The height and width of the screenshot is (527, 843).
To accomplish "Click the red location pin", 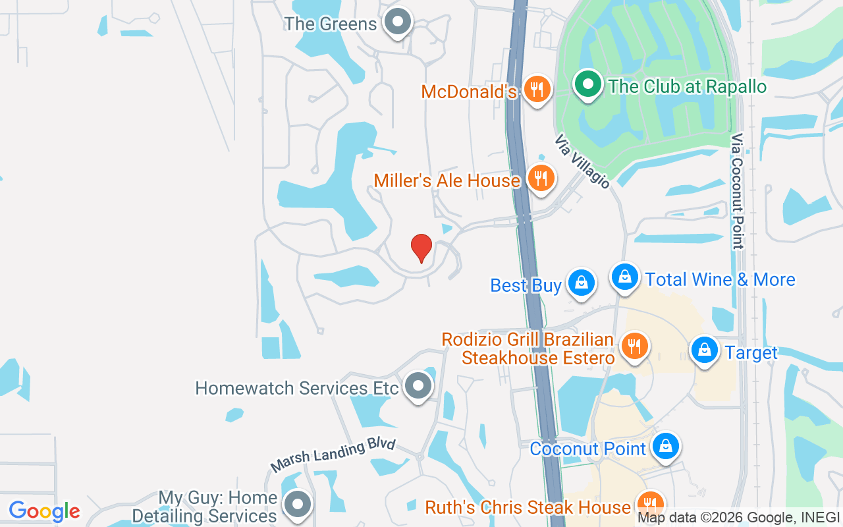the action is pos(421,248).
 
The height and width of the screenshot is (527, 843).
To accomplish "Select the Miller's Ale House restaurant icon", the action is pos(541,178).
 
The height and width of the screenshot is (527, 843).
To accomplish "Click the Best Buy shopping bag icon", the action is pos(581,283).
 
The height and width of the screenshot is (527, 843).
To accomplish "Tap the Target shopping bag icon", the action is pos(705,350).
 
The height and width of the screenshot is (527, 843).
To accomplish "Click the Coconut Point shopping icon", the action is pos(666,447).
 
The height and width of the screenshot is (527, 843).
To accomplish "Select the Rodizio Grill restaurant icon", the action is pos(634,346).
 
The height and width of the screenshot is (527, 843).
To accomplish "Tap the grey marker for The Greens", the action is pos(397,22).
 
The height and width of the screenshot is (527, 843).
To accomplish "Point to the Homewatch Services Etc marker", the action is pos(418,386).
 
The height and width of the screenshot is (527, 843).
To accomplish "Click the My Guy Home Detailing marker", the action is pos(297,505).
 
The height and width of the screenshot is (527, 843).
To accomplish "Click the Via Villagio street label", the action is pos(582,162).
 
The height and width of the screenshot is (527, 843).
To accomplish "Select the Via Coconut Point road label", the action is pos(737,191).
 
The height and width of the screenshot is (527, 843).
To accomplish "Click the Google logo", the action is pos(45,511).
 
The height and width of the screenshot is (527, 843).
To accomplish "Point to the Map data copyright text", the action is pos(738,518).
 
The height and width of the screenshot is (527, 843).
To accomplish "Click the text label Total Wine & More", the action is pos(721,279).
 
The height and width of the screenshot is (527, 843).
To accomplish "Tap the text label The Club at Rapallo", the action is pos(688,86).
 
